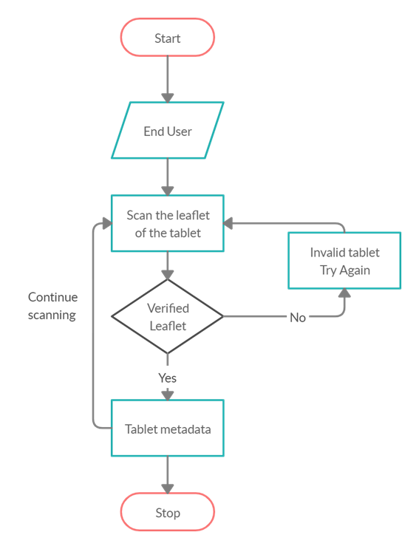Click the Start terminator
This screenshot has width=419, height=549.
click(168, 38)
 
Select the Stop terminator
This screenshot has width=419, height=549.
click(168, 512)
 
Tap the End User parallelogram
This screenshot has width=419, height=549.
click(168, 132)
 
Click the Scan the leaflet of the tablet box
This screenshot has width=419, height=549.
click(168, 224)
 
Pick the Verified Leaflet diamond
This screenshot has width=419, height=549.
click(168, 316)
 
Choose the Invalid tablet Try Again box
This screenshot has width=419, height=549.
click(344, 261)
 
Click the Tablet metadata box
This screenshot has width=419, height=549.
click(168, 429)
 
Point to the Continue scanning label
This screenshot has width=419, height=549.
click(53, 306)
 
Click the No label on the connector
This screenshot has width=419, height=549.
click(298, 317)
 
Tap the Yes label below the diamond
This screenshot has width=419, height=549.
click(168, 378)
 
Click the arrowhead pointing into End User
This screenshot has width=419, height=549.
click(168, 96)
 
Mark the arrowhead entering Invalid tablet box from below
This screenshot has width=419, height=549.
click(344, 293)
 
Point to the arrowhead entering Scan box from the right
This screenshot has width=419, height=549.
click(230, 223)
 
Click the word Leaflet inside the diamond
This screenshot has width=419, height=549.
click(168, 325)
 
